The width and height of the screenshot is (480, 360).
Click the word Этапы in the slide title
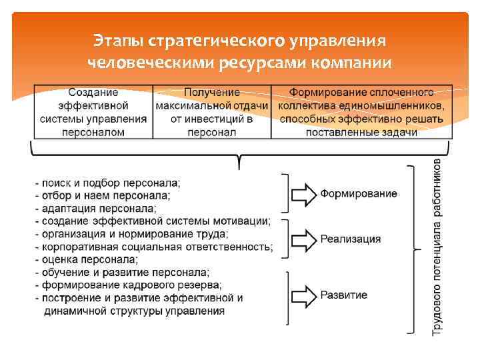click(118, 41)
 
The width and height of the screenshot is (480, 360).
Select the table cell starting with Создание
click(93, 112)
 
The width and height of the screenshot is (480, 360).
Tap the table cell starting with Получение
click(212, 112)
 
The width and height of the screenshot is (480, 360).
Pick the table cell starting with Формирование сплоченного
click(361, 112)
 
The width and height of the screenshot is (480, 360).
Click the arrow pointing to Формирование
click(303, 194)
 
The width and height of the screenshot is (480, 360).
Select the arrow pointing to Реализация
click(303, 239)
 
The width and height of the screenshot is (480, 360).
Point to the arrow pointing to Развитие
click(303, 295)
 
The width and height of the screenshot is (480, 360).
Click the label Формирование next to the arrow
click(359, 194)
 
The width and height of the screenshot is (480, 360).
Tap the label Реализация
click(351, 239)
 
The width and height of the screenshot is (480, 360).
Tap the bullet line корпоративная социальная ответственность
click(155, 247)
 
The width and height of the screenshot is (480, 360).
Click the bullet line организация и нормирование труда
click(132, 234)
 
